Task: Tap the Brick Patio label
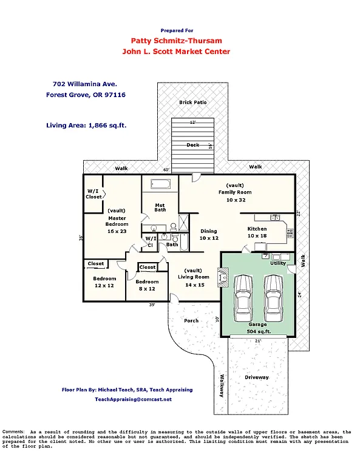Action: click(x=193, y=103)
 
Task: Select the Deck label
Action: click(x=192, y=145)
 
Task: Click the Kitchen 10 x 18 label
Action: click(x=257, y=232)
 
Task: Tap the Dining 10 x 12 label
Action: click(x=209, y=235)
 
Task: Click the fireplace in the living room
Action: click(x=223, y=278)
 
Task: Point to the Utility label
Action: click(x=278, y=263)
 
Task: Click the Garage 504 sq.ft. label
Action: click(x=258, y=328)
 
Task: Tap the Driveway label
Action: click(x=257, y=377)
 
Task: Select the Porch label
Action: click(x=191, y=320)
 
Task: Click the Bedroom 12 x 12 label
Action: click(x=104, y=282)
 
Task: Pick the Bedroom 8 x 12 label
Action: click(x=147, y=285)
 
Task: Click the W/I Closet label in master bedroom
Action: click(x=93, y=194)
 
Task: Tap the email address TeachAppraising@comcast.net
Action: click(x=133, y=399)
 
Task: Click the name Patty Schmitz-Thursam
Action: click(x=176, y=41)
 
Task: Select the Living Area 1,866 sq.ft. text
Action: click(x=90, y=126)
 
